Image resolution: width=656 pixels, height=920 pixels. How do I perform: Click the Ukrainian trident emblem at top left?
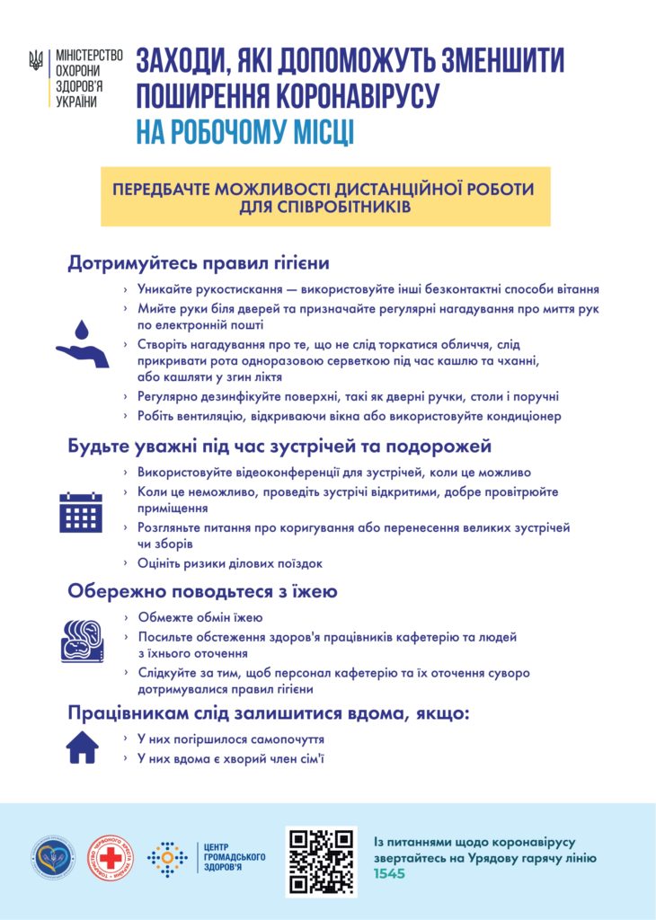click(37, 60)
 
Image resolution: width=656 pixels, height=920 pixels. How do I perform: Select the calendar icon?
click(81, 511)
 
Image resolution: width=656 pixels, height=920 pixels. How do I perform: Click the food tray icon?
click(81, 640)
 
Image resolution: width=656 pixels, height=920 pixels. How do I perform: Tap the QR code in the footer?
click(321, 862)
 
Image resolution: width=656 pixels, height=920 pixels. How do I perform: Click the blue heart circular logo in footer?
click(57, 858)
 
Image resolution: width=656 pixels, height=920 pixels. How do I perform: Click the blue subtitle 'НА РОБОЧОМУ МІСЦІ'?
click(244, 133)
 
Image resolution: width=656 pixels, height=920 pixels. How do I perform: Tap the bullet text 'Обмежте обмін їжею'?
click(199, 618)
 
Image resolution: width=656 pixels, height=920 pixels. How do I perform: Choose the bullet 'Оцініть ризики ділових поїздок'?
click(229, 563)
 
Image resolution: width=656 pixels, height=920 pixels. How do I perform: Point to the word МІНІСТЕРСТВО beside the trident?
click(89, 55)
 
